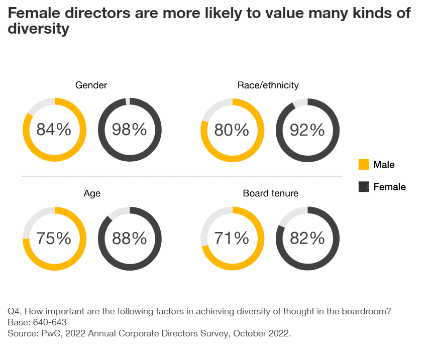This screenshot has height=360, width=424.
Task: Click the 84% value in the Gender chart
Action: point(54,130)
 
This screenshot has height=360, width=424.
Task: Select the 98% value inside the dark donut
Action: point(129,130)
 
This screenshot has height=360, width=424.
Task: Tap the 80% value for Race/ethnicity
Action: point(232,130)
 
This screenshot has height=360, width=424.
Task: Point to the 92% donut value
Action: point(307,130)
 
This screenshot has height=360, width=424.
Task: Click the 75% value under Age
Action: point(54,238)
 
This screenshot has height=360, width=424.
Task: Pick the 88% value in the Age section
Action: point(129,238)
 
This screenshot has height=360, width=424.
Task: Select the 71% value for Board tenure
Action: point(232,238)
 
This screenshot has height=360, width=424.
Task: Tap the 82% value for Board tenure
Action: point(307,238)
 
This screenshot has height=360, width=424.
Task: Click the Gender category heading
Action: point(91,85)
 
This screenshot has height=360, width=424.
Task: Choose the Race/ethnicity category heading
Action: point(268,85)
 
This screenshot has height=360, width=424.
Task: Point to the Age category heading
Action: point(92,193)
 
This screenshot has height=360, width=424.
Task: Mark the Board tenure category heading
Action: point(270,193)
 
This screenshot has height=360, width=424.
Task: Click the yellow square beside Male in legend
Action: point(363,165)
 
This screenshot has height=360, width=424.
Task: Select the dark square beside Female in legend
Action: point(363,187)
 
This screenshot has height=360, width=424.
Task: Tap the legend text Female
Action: point(389,187)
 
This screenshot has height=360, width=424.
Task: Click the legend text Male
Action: point(384,165)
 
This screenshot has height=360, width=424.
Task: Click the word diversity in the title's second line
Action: point(38,29)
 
